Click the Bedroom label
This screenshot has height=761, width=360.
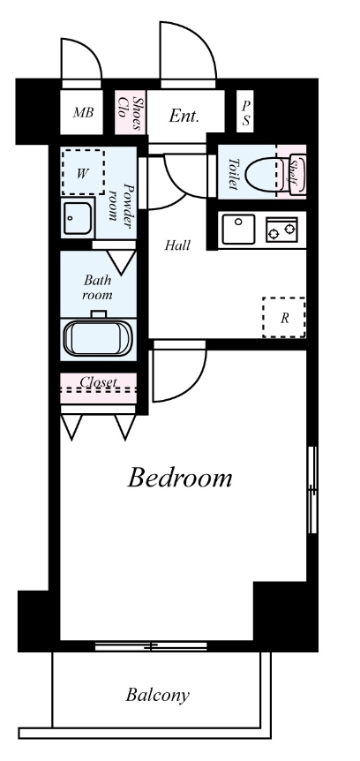pos(180,478)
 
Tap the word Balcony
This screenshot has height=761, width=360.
pos(157,695)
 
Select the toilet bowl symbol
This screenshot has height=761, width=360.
pos(261,173)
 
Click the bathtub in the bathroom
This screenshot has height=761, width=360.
pos(99,338)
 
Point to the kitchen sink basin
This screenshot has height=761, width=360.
pos(238,229)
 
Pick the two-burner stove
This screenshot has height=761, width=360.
pos(281,230)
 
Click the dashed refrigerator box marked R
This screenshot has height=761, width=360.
pos(284,318)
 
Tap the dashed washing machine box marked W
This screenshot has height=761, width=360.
pos(83,172)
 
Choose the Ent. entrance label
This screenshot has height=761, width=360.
pos(184,116)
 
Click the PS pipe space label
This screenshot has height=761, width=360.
pos(246,113)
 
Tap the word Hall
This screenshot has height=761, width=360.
pos(177,245)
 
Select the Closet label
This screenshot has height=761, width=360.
pos(99,381)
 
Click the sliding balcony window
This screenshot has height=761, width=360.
pos(151,646)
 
